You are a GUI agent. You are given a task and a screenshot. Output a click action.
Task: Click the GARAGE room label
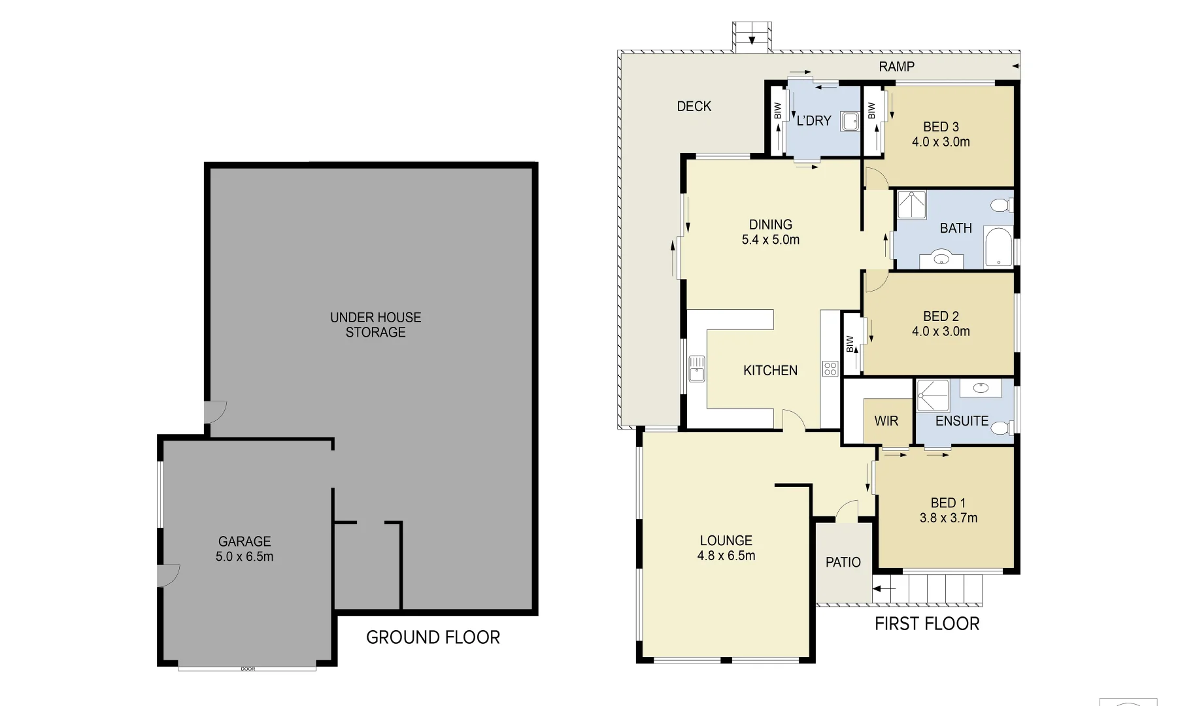click(244, 541)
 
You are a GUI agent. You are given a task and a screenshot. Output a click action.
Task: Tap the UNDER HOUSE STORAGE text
click(375, 325)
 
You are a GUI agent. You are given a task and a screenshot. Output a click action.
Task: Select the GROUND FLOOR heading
click(433, 637)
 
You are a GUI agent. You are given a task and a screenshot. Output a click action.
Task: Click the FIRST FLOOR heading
click(927, 624)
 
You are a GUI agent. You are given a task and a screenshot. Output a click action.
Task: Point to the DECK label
click(694, 107)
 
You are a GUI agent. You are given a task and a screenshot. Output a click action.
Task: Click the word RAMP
click(896, 67)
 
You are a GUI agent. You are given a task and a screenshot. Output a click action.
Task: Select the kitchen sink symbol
click(697, 369)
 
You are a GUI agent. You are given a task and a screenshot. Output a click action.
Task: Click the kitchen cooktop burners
click(830, 369)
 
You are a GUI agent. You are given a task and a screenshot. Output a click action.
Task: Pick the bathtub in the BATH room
click(998, 246)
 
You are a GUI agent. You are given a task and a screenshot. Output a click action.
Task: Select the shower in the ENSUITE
click(932, 395)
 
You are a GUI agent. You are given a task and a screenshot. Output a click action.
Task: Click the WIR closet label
click(886, 421)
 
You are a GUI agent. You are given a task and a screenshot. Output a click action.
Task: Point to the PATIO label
click(843, 562)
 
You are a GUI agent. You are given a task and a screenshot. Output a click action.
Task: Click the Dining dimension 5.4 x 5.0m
click(770, 240)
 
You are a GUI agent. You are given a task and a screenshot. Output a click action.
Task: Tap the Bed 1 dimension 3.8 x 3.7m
click(948, 518)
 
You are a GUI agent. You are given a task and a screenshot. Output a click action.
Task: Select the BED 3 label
click(941, 127)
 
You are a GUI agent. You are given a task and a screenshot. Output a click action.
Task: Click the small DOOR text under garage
click(247, 669)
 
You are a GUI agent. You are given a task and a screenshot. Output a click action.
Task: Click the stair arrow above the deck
click(752, 41)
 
